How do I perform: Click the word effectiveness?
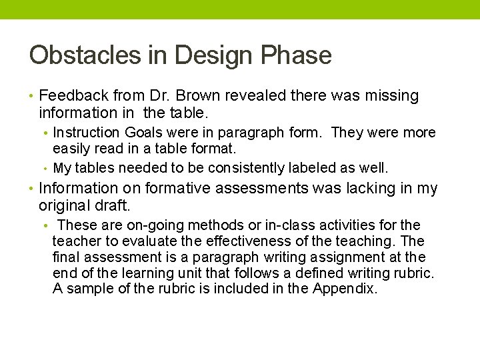pyautogui.click(x=227, y=241)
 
